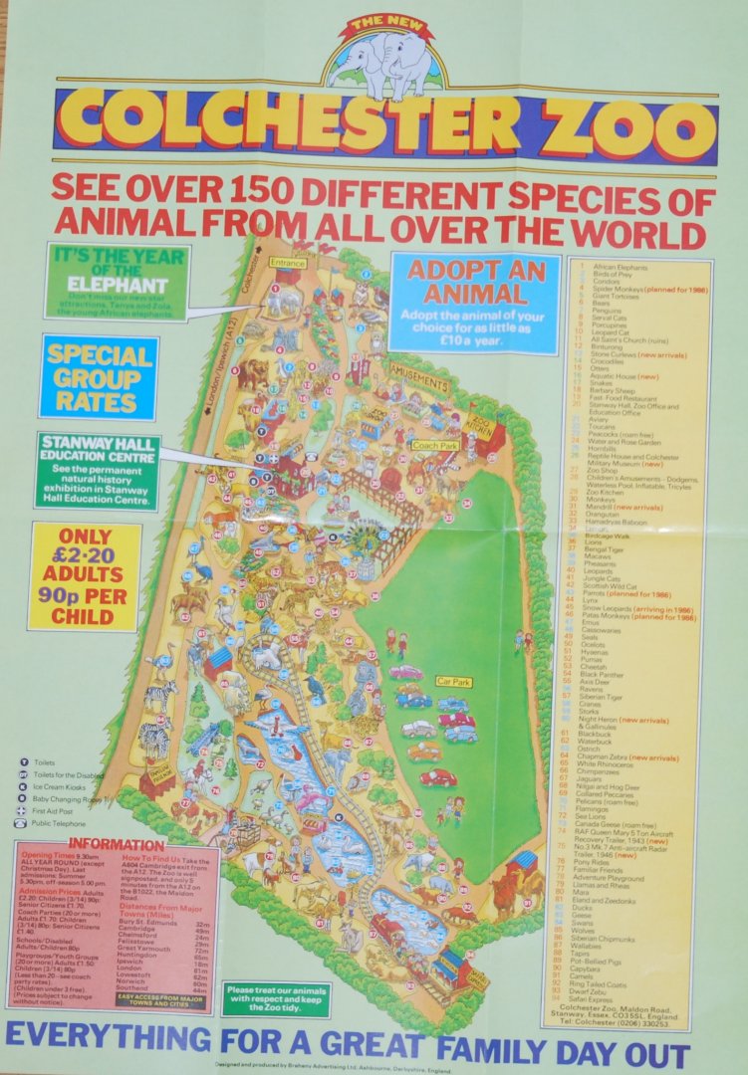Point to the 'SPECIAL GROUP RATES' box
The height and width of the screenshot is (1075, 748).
98,377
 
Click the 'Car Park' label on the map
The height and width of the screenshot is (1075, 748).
452,683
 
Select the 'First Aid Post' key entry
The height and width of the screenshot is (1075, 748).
55,811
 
